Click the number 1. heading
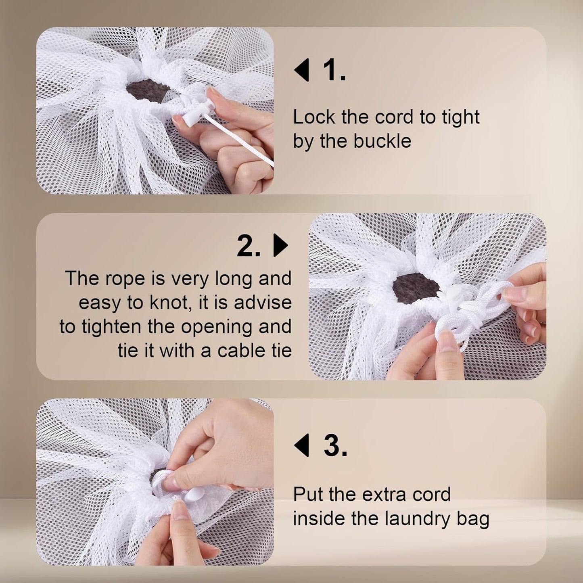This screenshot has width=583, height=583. point(334,70)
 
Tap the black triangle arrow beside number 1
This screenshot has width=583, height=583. point(302,70)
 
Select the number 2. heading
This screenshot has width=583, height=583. point(249,246)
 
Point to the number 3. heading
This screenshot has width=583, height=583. point(335,446)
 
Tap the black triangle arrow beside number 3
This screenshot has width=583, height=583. point(302,445)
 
